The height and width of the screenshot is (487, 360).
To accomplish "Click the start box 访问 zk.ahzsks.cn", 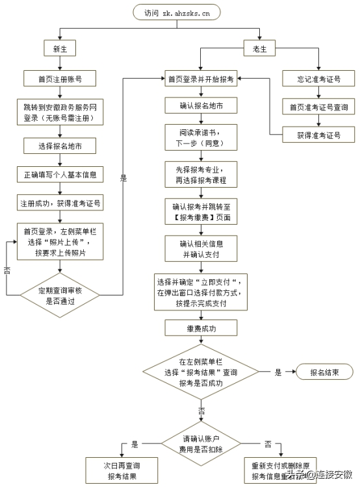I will coord(177,12).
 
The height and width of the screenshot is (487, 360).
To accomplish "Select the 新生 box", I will coord(60,49).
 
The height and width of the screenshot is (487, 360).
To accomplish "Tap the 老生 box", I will coord(259,49).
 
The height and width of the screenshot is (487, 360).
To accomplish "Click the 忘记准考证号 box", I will coord(318,79).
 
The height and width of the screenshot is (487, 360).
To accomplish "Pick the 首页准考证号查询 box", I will coord(318,106).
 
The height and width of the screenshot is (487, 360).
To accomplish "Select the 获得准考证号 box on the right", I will coord(318,135).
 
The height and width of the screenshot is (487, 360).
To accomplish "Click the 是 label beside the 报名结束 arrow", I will coord(278,373).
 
